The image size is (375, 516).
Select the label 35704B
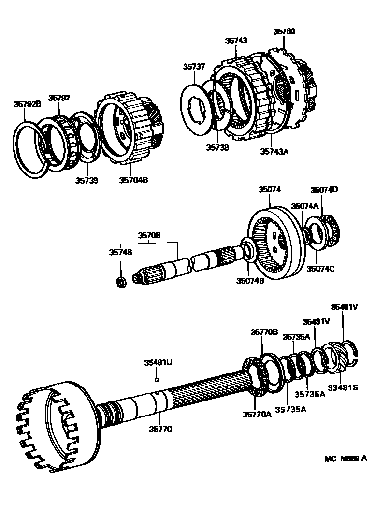click(x=133, y=180)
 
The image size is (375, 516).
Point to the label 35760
click(x=284, y=32)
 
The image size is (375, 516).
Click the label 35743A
click(x=274, y=151)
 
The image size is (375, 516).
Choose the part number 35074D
click(x=323, y=190)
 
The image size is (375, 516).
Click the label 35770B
click(x=264, y=332)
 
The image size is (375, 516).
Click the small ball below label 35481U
click(x=158, y=380)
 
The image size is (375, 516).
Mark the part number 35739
click(x=87, y=180)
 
